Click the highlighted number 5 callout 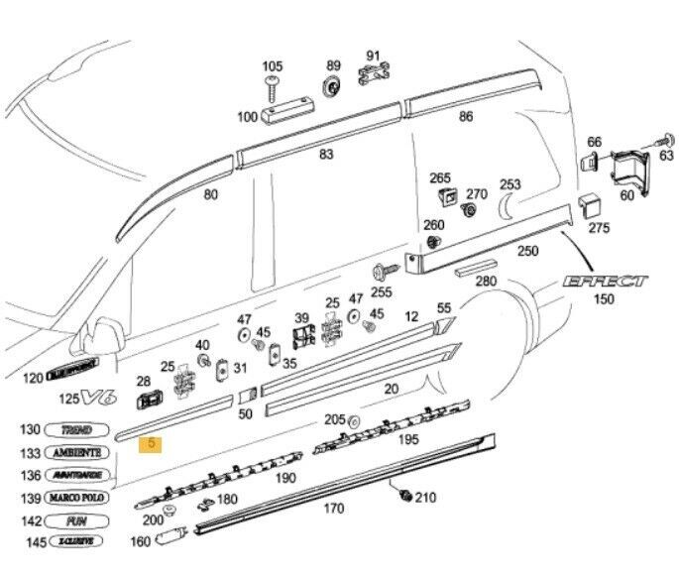[x=153, y=445]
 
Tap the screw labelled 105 [x=273, y=90]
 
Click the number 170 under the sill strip [x=334, y=509]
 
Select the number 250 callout [x=527, y=251]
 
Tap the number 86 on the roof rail [x=466, y=117]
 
